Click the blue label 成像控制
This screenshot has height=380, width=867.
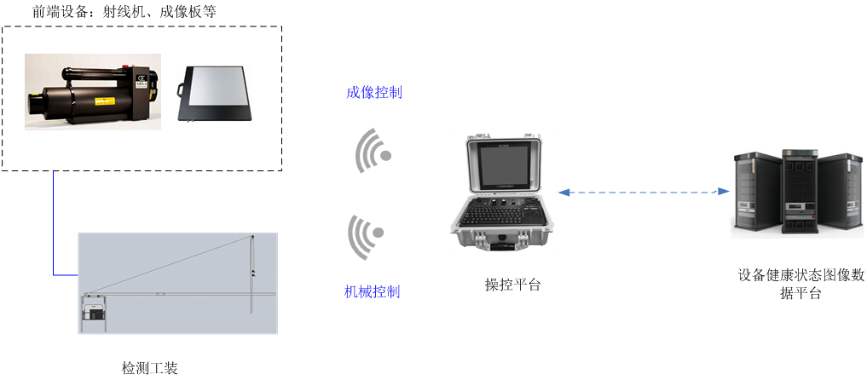click(374, 93)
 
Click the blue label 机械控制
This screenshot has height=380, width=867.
click(372, 292)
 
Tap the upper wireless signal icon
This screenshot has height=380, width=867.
click(373, 152)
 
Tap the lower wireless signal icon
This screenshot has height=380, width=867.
click(366, 236)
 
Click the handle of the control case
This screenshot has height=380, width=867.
click(502, 247)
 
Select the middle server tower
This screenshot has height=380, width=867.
click(800, 192)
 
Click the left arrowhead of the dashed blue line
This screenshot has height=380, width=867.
click(563, 193)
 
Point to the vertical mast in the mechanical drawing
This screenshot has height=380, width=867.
click(252, 273)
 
